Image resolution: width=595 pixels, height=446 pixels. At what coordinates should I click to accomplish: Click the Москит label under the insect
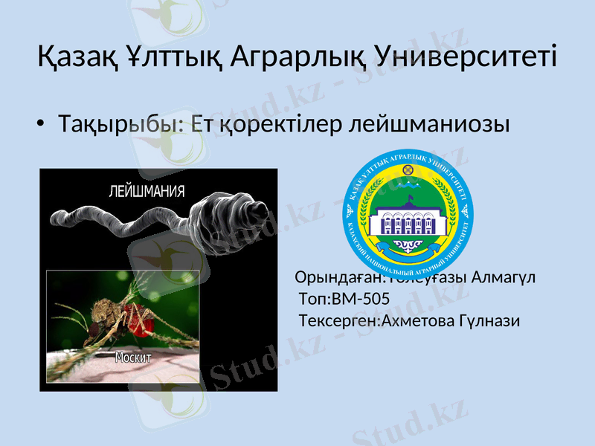(134, 358)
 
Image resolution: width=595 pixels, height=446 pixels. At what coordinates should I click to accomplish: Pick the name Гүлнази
(490, 321)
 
